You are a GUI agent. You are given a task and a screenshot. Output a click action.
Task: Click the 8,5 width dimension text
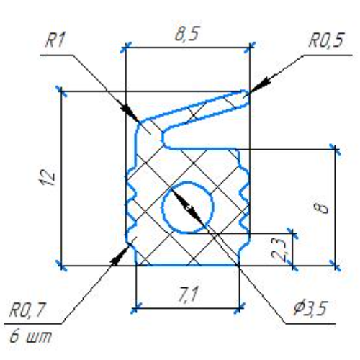[x=187, y=35]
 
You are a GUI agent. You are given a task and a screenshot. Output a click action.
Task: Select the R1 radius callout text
[x=55, y=40]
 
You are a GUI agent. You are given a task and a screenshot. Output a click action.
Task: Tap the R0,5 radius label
[x=326, y=40]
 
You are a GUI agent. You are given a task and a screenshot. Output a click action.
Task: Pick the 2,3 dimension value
[x=279, y=250]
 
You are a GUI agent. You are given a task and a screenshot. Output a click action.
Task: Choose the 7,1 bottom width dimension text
[x=189, y=294]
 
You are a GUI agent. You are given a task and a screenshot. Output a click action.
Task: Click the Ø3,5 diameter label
[x=311, y=308]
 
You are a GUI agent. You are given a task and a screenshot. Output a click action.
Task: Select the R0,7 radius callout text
[x=27, y=310]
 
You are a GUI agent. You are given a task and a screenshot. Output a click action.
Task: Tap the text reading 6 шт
[x=30, y=336]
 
